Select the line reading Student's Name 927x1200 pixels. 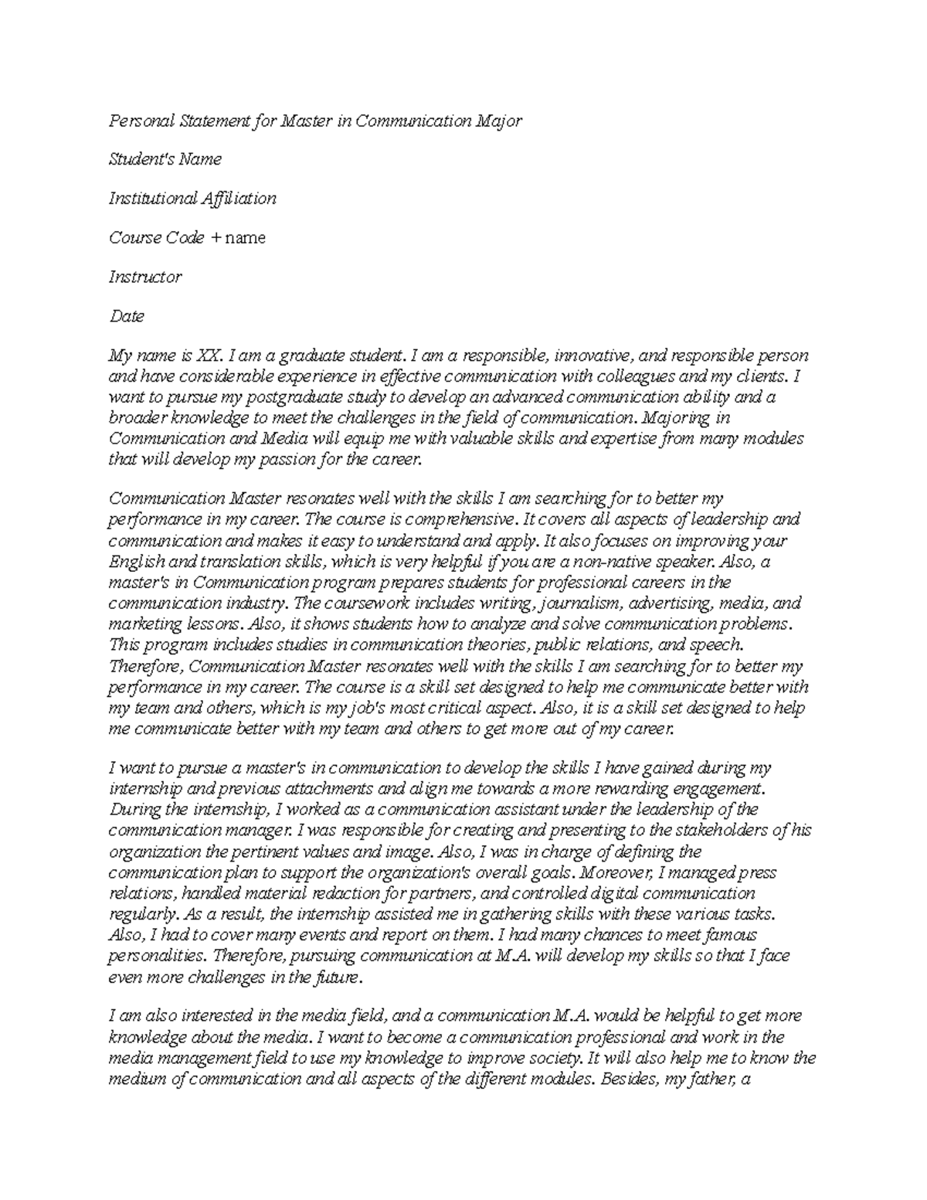click(165, 159)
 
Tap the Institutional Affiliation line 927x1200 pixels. click(192, 199)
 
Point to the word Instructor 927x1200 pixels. click(145, 277)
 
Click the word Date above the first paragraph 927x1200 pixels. click(127, 316)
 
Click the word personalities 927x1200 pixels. click(157, 956)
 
